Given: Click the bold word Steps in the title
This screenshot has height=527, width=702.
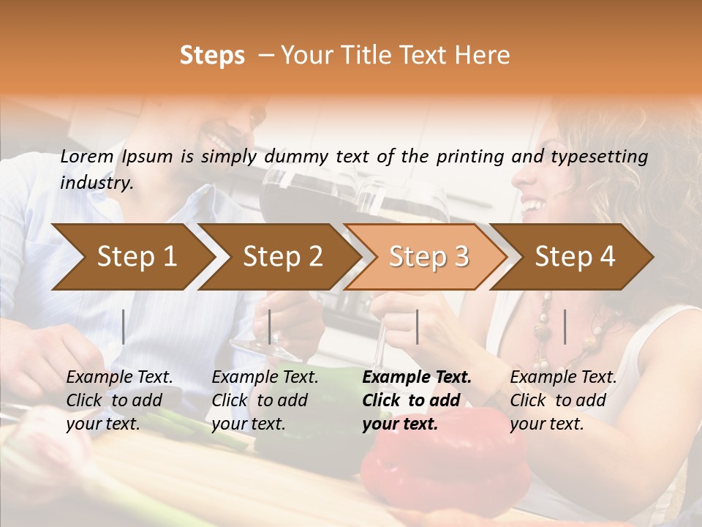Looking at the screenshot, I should coord(212,56).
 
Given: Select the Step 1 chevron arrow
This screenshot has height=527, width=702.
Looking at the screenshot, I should coord(132,256).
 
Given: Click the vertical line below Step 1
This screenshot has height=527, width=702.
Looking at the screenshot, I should coord(124,326).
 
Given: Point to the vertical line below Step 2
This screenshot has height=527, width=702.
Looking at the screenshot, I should coord(270,326).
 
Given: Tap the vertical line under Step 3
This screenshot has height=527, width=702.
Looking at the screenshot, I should coord(417,326).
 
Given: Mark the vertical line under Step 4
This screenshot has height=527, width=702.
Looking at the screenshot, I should coord(565,326).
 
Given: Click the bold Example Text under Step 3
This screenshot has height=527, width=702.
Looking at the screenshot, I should coord(417,378).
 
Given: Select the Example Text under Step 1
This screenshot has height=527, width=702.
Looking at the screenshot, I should coord(120,378).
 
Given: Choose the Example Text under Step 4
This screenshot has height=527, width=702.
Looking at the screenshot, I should coord(563,378).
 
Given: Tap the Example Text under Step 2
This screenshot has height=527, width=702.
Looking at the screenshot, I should coord(265,378).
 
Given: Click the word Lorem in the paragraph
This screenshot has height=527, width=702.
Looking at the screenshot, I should coord(87,156).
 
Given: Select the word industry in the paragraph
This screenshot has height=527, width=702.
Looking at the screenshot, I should coord(96,183).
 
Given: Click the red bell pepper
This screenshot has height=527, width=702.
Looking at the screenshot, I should coord(446,461).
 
